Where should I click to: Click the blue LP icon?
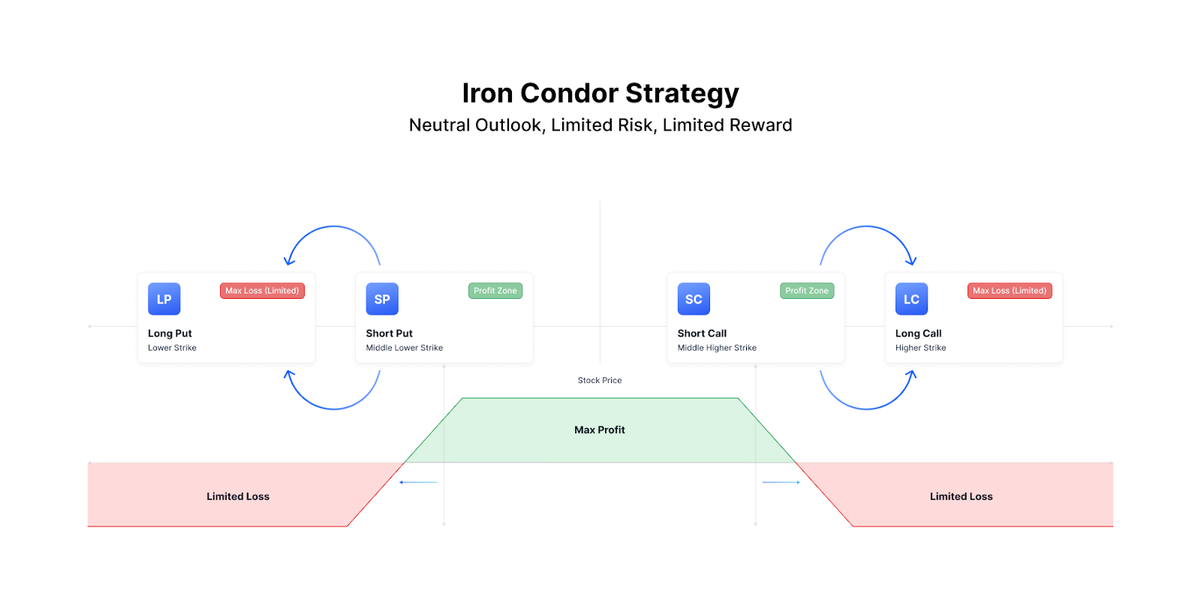(x=164, y=299)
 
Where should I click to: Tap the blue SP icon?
(x=382, y=299)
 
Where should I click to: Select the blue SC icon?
(x=694, y=299)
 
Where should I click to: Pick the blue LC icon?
(x=911, y=299)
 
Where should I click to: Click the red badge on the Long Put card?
(x=262, y=291)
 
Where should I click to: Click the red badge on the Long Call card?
(x=1010, y=291)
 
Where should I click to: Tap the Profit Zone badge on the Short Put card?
(x=495, y=291)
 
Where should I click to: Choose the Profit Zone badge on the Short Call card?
(x=807, y=291)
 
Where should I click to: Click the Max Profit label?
(x=600, y=430)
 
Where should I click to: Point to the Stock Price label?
(x=600, y=380)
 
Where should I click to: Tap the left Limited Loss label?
(x=238, y=496)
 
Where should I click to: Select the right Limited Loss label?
(x=962, y=496)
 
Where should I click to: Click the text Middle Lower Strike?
(x=405, y=348)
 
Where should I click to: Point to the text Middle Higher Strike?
(x=717, y=348)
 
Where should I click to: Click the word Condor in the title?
(x=569, y=93)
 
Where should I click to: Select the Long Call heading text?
(x=919, y=333)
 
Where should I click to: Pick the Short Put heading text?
(x=390, y=333)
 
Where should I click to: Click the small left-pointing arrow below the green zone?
(x=418, y=482)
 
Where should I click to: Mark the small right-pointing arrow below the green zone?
(x=781, y=482)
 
